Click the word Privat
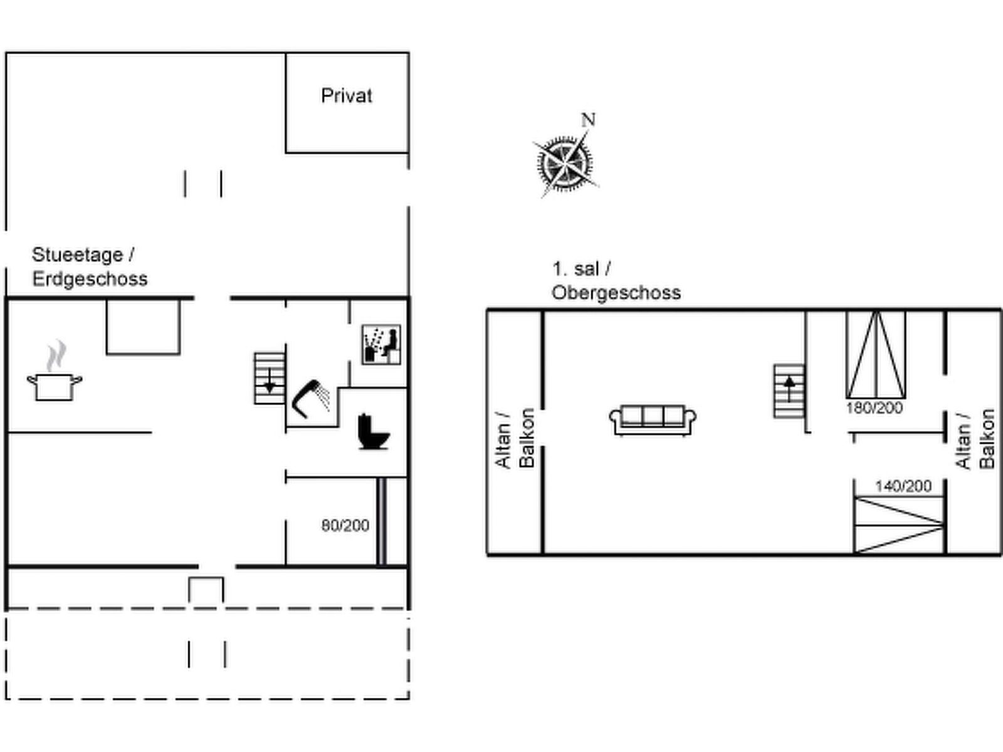347,96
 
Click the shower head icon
311,399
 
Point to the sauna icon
381,344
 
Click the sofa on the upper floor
653,420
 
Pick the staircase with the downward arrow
270,378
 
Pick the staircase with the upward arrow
789,391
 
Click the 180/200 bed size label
874,408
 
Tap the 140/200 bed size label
903,486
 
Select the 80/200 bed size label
345,526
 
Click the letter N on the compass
588,120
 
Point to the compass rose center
565,163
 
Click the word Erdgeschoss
90,279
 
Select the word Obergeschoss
616,293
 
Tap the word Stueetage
77,255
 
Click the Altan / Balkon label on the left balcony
515,438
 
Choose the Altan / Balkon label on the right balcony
975,439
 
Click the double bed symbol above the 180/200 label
876,355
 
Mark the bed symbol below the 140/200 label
900,525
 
